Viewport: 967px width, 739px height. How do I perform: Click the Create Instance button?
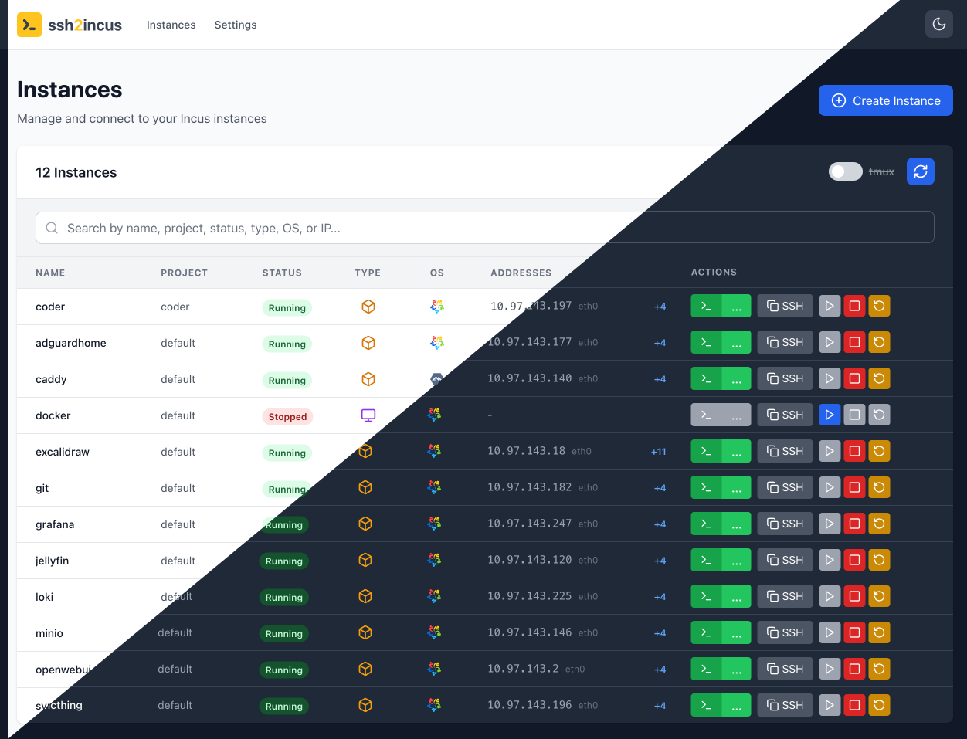pos(885,100)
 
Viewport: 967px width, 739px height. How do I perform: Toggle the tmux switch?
pos(845,171)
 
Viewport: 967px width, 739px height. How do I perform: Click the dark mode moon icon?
pos(938,24)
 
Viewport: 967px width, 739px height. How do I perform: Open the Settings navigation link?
pos(236,25)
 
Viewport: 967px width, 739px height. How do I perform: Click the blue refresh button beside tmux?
pos(920,171)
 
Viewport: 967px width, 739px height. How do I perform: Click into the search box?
pos(484,228)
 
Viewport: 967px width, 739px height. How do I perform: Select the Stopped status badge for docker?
pos(287,416)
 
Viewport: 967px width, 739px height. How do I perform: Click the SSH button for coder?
pos(785,306)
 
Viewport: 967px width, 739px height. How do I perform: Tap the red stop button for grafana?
pos(854,524)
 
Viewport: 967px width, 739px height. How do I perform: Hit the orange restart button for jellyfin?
pos(879,560)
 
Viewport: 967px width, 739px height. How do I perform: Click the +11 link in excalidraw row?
pos(658,452)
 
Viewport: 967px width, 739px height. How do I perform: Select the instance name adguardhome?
pos(71,343)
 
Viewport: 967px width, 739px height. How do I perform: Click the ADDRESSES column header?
pos(521,273)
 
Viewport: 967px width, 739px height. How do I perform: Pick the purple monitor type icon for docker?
pos(368,415)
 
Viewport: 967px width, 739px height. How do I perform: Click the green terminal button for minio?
pos(706,632)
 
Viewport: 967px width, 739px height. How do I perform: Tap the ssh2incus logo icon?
pos(29,25)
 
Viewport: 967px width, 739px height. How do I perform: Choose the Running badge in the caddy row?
pos(287,380)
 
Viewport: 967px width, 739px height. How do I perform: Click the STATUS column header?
pos(282,273)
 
